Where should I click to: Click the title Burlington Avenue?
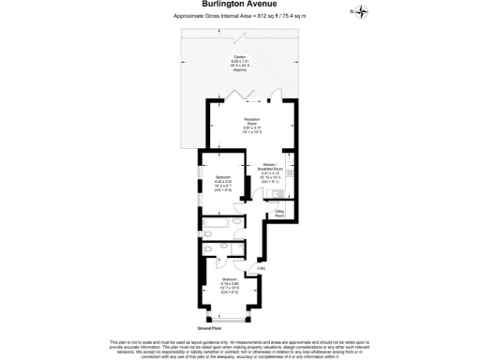coord(239,5)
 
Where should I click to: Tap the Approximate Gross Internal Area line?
coord(239,17)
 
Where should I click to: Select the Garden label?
coord(240,57)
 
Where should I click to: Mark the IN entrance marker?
coord(262,269)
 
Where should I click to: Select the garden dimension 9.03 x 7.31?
coord(240,64)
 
